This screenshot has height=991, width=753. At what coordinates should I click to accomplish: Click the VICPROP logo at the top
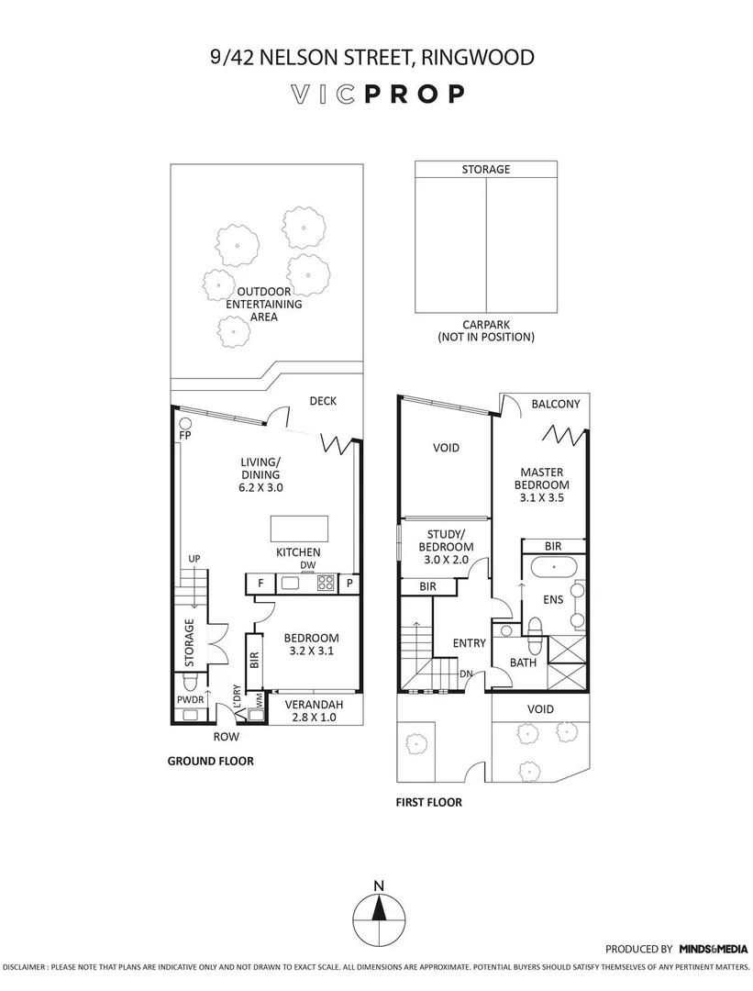[x=377, y=94]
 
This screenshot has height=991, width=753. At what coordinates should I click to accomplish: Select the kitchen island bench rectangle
[x=299, y=529]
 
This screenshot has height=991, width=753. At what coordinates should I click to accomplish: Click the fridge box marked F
[x=260, y=583]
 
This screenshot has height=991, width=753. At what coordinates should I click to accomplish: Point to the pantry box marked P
[x=349, y=583]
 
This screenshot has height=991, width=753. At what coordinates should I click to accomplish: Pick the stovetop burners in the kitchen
[x=325, y=582]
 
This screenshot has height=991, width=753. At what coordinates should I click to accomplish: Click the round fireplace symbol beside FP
[x=184, y=423]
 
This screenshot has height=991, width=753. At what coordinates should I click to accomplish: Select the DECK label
[x=323, y=400]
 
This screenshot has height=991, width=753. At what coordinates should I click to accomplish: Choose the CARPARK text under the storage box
[x=485, y=325]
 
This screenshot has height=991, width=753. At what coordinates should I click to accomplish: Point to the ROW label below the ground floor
[x=226, y=737]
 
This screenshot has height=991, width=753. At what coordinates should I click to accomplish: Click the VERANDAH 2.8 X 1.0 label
[x=314, y=710]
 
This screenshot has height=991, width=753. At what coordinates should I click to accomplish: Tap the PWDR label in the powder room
[x=190, y=699]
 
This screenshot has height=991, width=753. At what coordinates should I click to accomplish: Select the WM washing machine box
[x=260, y=699]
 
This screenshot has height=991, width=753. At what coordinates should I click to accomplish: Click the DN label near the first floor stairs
[x=466, y=674]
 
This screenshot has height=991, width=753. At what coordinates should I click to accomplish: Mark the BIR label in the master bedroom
[x=552, y=546]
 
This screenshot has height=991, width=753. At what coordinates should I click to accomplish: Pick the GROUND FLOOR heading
[x=210, y=761]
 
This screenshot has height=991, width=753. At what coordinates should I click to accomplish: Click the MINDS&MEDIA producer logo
[x=713, y=949]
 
